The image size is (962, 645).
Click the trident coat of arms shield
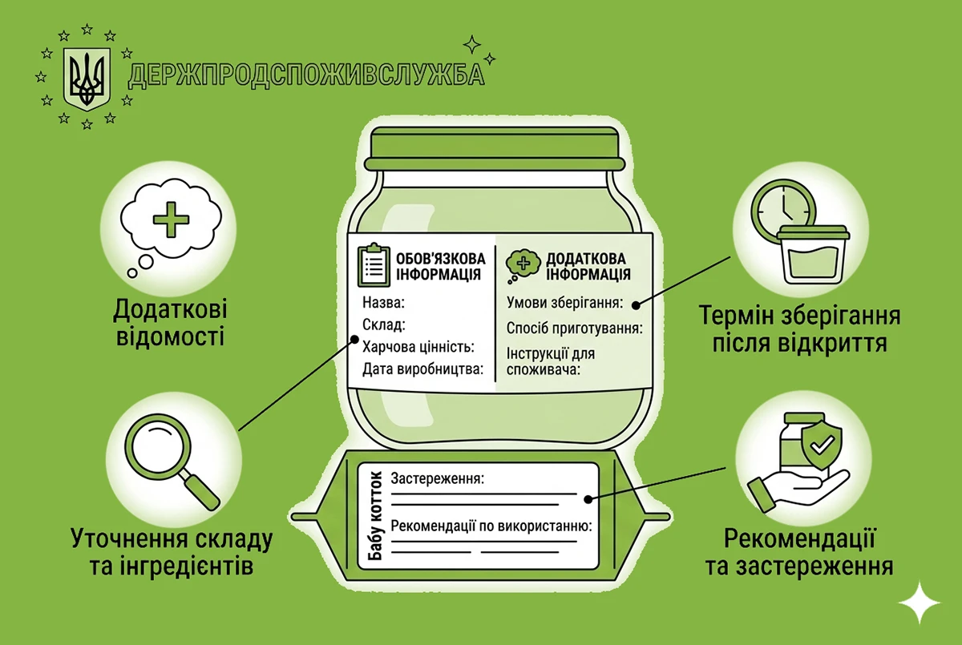click(87, 78)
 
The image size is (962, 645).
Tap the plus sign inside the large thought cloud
click(171, 220)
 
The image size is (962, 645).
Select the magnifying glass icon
click(172, 462)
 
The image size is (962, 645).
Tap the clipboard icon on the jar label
click(374, 264)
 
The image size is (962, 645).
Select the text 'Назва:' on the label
click(383, 303)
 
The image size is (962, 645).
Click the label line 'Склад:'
click(383, 325)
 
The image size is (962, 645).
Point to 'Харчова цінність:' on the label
click(418, 347)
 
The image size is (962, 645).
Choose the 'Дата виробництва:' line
click(423, 369)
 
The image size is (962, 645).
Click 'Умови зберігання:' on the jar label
click(564, 303)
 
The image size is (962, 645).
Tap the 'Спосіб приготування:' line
click(575, 329)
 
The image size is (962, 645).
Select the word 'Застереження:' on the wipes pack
click(437, 478)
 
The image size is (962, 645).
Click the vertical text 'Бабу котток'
click(375, 515)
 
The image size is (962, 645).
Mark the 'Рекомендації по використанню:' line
click(491, 526)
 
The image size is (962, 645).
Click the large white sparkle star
click(919, 603)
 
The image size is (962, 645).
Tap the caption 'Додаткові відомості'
click(171, 323)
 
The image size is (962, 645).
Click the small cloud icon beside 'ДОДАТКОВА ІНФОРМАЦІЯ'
click(522, 265)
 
